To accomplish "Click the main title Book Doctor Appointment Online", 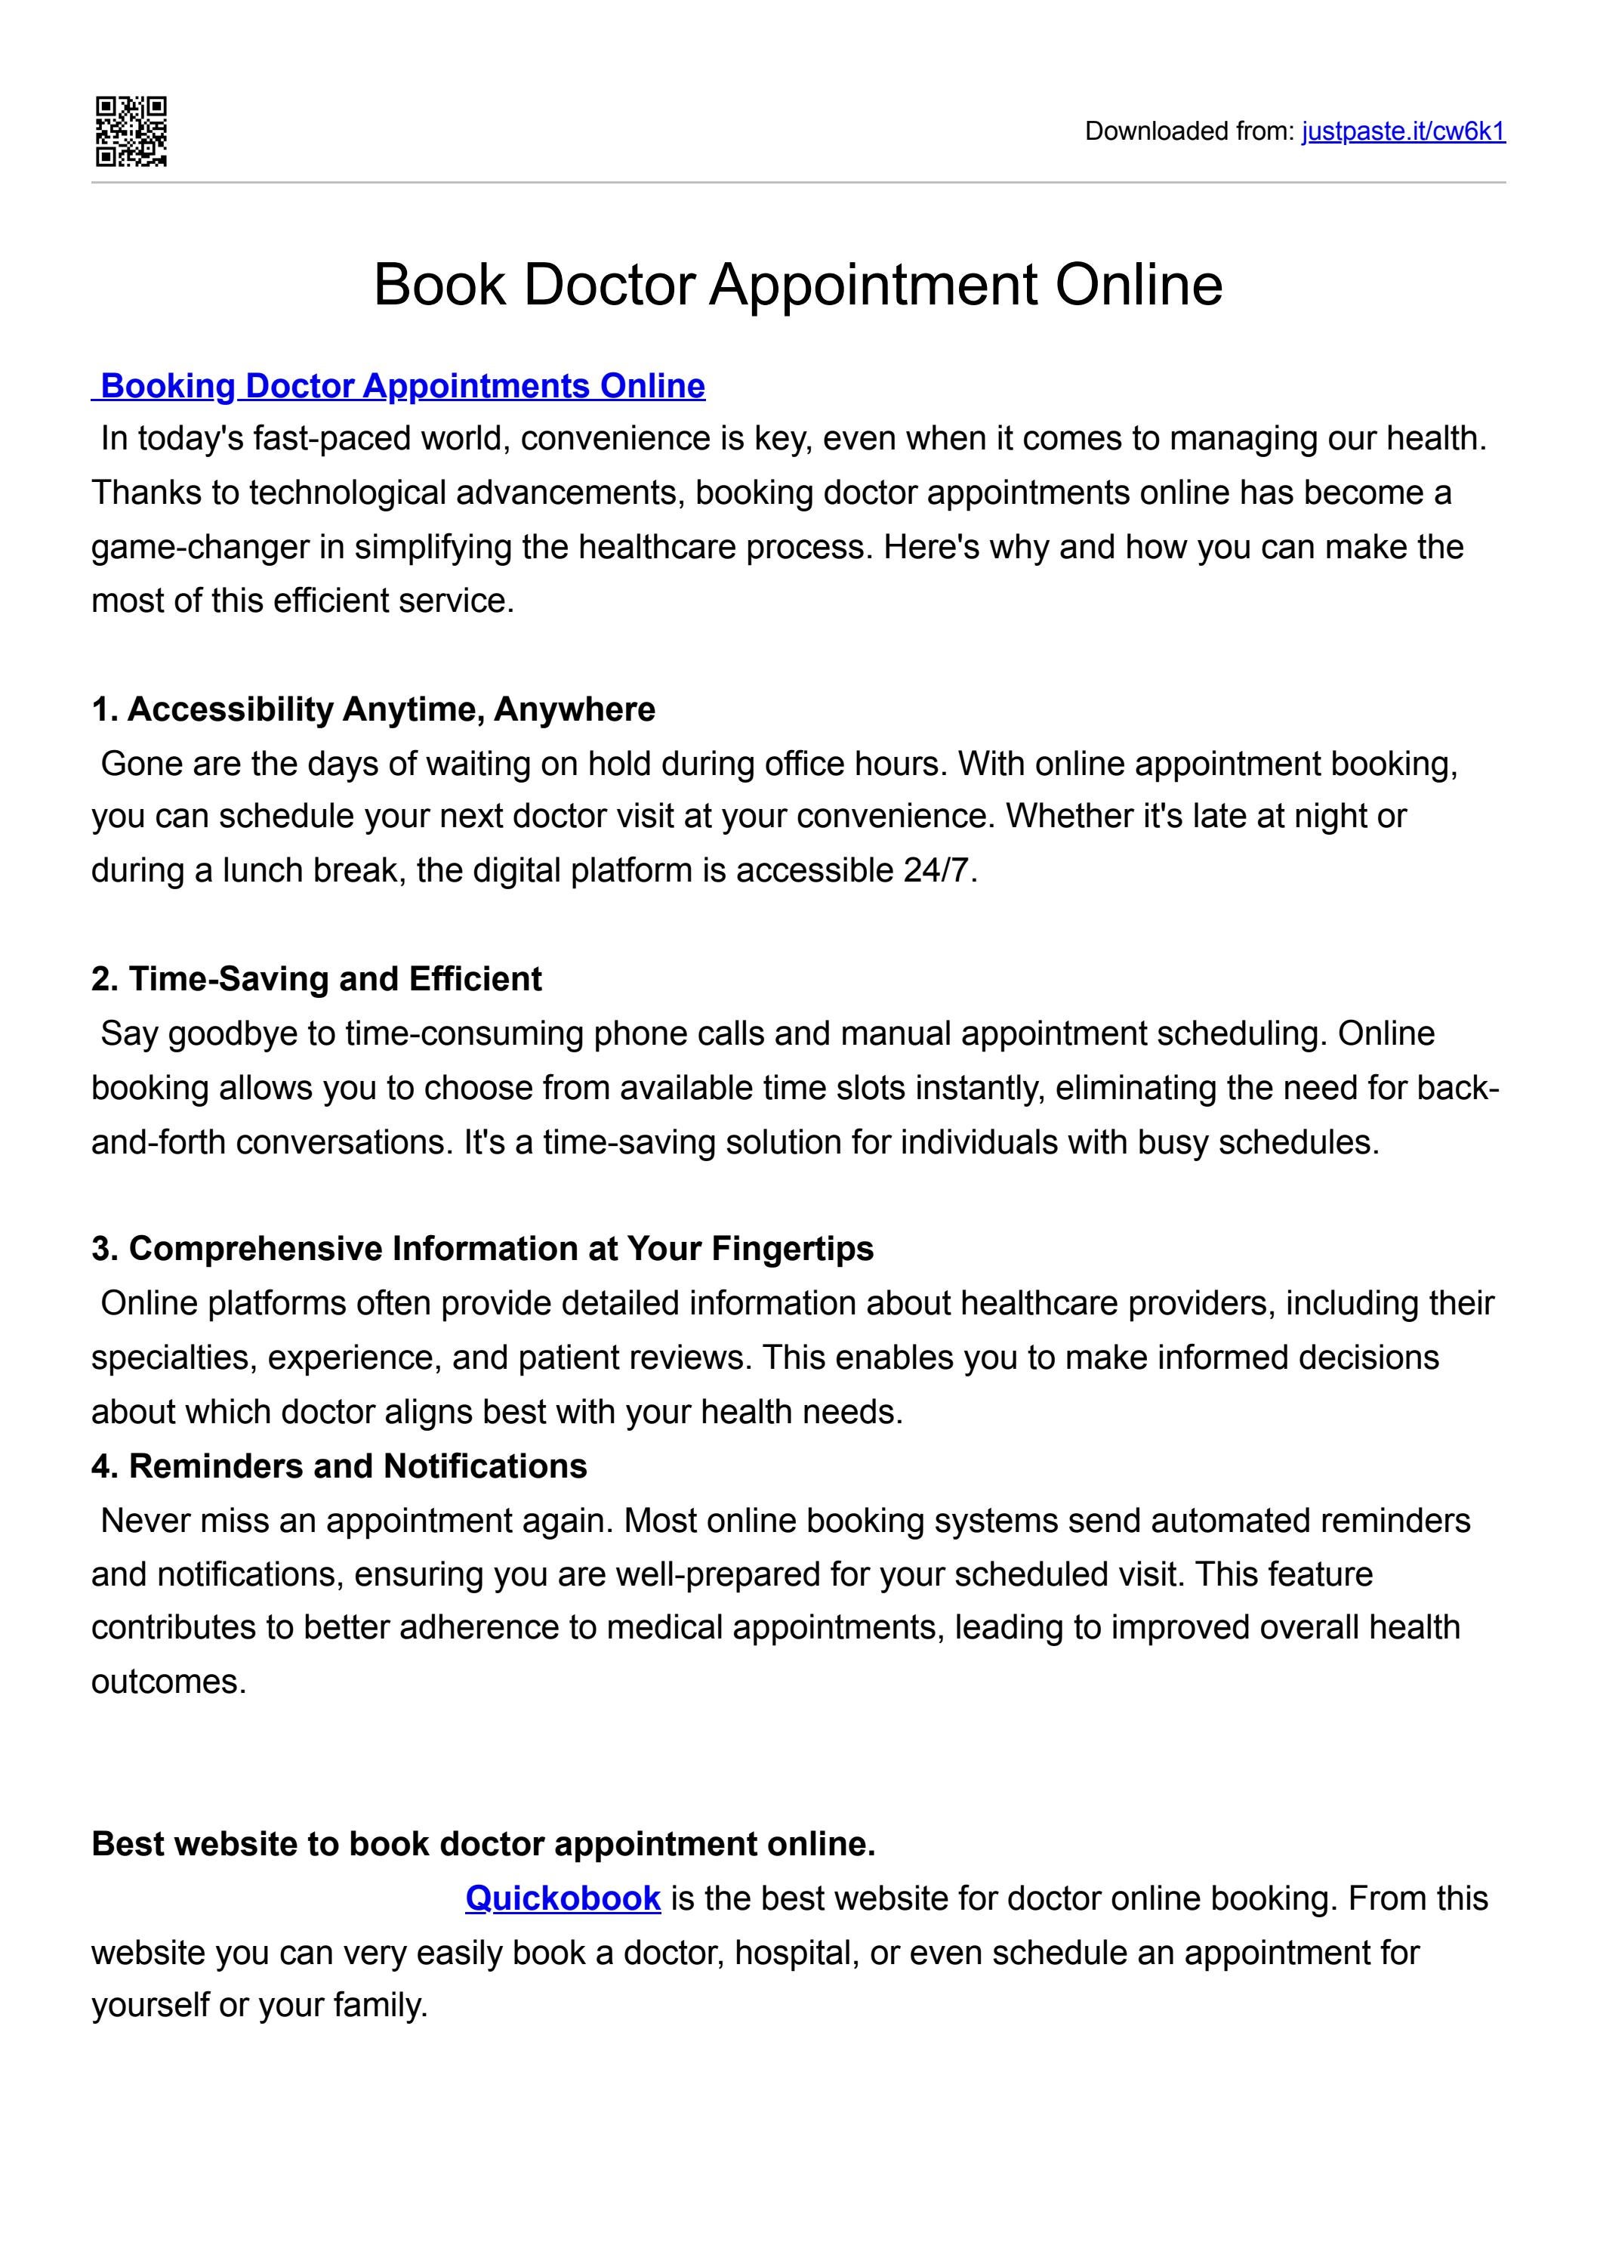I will click(x=797, y=285).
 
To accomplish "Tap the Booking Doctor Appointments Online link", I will click(x=402, y=385).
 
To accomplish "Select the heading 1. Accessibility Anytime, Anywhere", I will click(x=373, y=709).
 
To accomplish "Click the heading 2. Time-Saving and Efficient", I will click(x=316, y=979).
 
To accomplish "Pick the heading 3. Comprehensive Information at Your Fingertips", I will click(x=482, y=1249).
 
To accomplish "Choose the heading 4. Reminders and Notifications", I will click(x=339, y=1466).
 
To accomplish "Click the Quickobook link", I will click(x=563, y=1898).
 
